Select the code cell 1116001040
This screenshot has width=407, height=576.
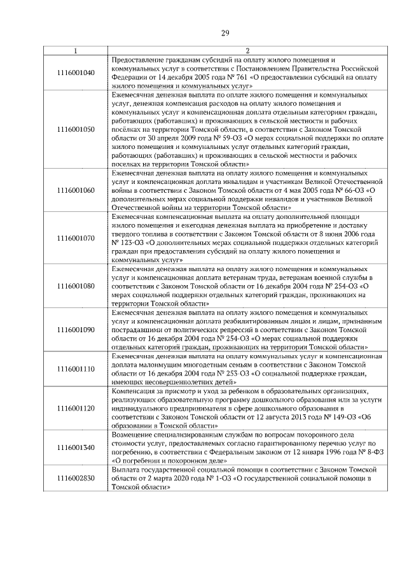[76, 72]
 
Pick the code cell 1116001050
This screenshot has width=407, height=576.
[76, 129]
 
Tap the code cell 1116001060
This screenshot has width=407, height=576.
[76, 190]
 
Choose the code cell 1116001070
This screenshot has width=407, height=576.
[76, 238]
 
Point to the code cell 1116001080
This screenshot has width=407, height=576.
[76, 286]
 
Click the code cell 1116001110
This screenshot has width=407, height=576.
[76, 369]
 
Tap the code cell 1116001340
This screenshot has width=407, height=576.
[76, 446]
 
